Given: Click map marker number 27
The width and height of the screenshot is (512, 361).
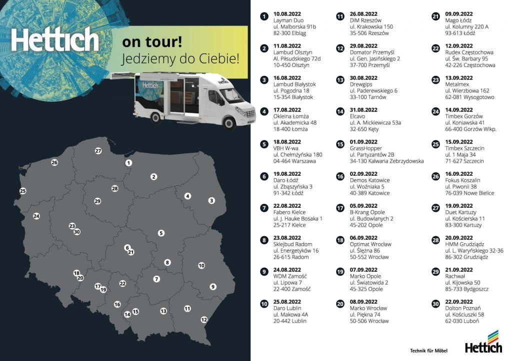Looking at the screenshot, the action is pos(98,151).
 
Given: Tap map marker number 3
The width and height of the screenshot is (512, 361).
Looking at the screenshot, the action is pos(211,200).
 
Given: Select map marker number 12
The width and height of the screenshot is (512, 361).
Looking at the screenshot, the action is pos(203,320).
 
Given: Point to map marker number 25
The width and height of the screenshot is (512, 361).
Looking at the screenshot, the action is pos(22,191).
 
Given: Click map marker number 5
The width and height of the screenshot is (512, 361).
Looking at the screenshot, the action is pos(161,233).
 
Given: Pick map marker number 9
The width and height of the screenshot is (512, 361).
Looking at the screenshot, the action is pos(213,287).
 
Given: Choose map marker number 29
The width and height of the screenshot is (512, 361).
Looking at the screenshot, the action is pos(97,201).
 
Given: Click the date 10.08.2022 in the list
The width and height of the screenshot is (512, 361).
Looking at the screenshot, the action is pos(287,14).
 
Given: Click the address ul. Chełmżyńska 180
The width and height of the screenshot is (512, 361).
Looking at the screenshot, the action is pos(298,155).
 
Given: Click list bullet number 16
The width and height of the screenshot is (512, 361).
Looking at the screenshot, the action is pos(340,177).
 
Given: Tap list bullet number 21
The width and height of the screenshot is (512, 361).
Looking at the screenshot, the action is pos(435,17).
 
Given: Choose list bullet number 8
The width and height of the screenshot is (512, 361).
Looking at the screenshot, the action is pos(263,241).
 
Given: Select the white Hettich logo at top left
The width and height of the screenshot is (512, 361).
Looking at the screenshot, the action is pos(55,40).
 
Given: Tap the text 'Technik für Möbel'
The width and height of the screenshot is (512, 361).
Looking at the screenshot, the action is pos(428,350).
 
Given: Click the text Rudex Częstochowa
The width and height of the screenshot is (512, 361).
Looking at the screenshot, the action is pos(469,52).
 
